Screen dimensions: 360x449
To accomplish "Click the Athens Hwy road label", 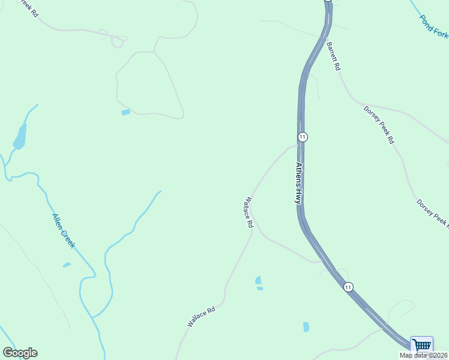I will tap(298, 183).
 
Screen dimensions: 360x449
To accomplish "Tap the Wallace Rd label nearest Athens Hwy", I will tap(249, 212).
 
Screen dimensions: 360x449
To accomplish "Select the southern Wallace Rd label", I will tap(201, 317).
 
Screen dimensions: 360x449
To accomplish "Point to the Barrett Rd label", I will tap(333, 56).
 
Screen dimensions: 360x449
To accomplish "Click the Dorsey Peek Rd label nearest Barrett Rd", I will tap(379, 124).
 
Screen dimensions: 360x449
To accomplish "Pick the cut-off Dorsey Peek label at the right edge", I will tap(433, 213).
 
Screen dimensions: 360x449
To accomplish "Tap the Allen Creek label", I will tap(63, 230).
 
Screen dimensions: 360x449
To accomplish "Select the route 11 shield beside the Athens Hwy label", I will tap(303, 137).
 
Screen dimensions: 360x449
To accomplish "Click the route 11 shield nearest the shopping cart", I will tap(348, 287).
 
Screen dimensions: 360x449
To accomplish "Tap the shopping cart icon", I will tap(422, 346).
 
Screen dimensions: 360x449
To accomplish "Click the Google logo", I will tap(20, 353).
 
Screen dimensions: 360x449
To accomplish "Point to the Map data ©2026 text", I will tap(423, 355).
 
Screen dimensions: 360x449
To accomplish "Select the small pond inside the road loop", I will tap(125, 112).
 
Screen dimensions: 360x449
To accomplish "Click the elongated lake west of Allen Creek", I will tap(20, 137).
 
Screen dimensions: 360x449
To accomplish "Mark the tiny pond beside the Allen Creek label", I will tap(67, 265).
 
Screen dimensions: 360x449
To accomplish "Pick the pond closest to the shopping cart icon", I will tap(306, 327).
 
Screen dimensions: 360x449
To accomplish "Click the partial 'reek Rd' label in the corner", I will tap(28, 8).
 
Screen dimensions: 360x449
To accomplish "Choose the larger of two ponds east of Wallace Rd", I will tap(258, 280).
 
